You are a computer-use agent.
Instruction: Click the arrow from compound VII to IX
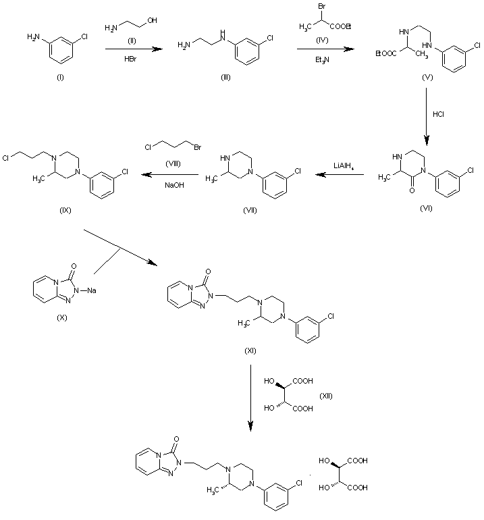point(169,176)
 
